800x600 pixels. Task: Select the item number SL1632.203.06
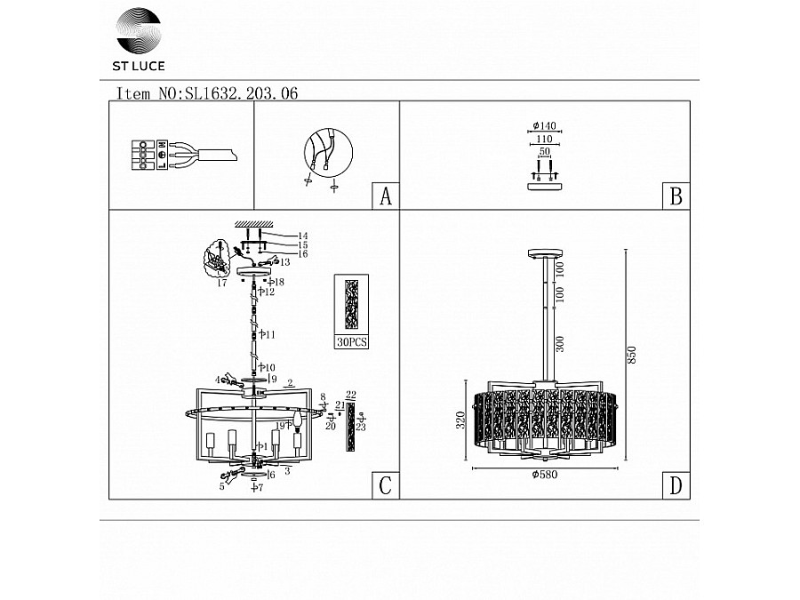[x=239, y=92]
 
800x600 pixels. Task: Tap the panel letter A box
[x=385, y=196]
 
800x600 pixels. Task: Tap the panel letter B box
[x=676, y=196]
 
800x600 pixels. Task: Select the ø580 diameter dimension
[x=544, y=476]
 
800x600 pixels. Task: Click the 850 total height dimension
[x=632, y=356]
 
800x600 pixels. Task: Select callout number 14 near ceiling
[x=301, y=236]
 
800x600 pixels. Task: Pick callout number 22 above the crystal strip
[x=350, y=395]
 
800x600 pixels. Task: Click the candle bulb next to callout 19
[x=298, y=421]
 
